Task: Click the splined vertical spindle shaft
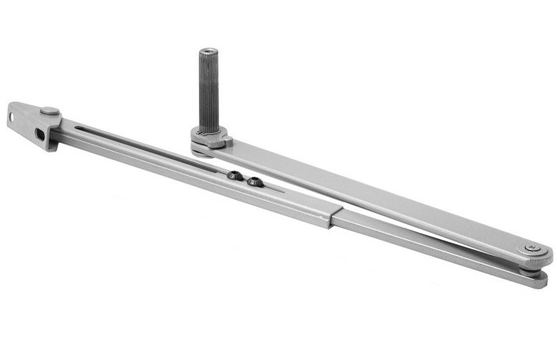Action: pos(208,89)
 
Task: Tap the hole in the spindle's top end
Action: pos(208,52)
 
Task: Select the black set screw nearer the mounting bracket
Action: pos(233,175)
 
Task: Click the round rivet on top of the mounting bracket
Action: pos(49,112)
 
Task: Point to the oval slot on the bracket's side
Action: pos(40,134)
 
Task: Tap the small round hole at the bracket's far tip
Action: pos(12,115)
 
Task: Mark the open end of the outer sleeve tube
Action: pos(332,218)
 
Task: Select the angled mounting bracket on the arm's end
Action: pos(32,123)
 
